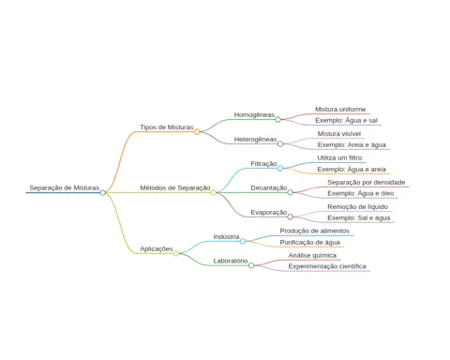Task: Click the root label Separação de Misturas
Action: (65, 187)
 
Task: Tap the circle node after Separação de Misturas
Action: (103, 193)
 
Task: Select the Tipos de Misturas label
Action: (167, 127)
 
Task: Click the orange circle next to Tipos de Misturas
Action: (197, 132)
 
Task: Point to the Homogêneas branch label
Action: (254, 115)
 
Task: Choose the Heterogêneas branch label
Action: (255, 140)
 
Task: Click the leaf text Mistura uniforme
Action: (340, 110)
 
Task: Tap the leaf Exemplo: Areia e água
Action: (352, 145)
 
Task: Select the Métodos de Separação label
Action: (175, 187)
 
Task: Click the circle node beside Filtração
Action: (280, 169)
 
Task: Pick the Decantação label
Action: (269, 187)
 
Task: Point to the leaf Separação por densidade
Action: (367, 182)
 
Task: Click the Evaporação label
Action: (269, 213)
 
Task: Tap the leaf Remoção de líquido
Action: (358, 207)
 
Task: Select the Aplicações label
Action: (157, 249)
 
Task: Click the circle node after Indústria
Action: (243, 241)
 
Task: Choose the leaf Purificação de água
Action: (309, 243)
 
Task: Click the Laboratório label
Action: (231, 261)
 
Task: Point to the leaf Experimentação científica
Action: (327, 266)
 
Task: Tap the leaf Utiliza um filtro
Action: (339, 158)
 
